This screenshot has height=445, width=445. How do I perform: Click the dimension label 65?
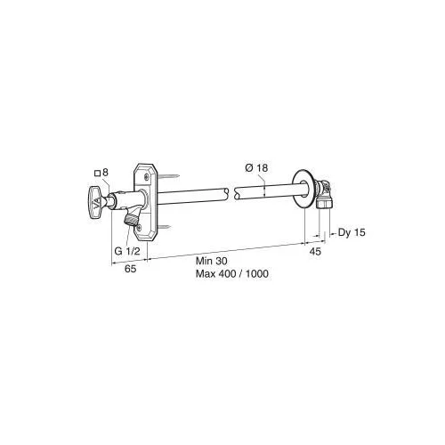pyautogui.click(x=130, y=269)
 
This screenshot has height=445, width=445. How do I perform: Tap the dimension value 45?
pyautogui.click(x=315, y=252)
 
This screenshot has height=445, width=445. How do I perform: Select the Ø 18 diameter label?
pyautogui.click(x=256, y=168)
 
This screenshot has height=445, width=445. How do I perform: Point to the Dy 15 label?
pyautogui.click(x=352, y=232)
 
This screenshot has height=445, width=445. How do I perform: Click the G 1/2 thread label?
pyautogui.click(x=127, y=251)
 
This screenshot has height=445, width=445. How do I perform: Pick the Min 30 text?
pyautogui.click(x=212, y=261)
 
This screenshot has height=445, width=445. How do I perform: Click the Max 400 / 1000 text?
pyautogui.click(x=232, y=273)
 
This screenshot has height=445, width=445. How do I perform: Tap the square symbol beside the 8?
pyautogui.click(x=97, y=174)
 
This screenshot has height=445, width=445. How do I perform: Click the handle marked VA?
pyautogui.click(x=97, y=202)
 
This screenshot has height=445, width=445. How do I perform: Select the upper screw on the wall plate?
pyautogui.click(x=147, y=177)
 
